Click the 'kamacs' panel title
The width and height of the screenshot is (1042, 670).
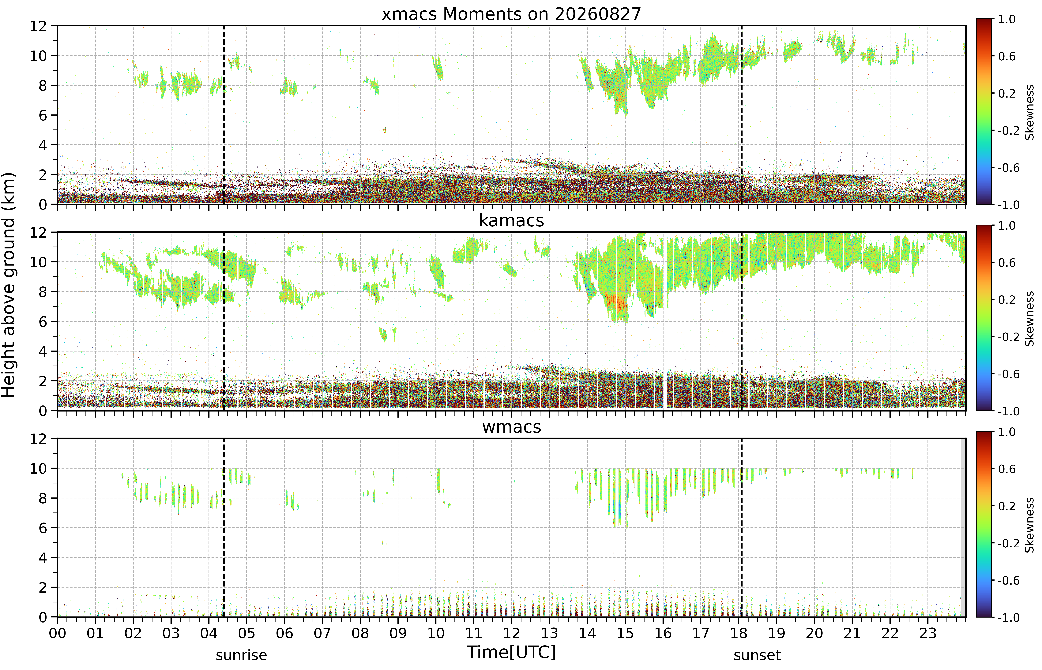pos(511,221)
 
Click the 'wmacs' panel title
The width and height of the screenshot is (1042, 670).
pos(511,427)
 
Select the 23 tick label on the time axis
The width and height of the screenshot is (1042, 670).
pos(927,633)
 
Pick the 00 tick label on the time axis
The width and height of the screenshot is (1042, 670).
pos(57,633)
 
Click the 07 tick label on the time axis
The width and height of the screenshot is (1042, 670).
pos(322,633)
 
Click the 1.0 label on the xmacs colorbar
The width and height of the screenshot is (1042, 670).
pos(1007,20)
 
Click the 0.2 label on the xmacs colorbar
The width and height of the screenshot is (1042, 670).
pos(1007,94)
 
